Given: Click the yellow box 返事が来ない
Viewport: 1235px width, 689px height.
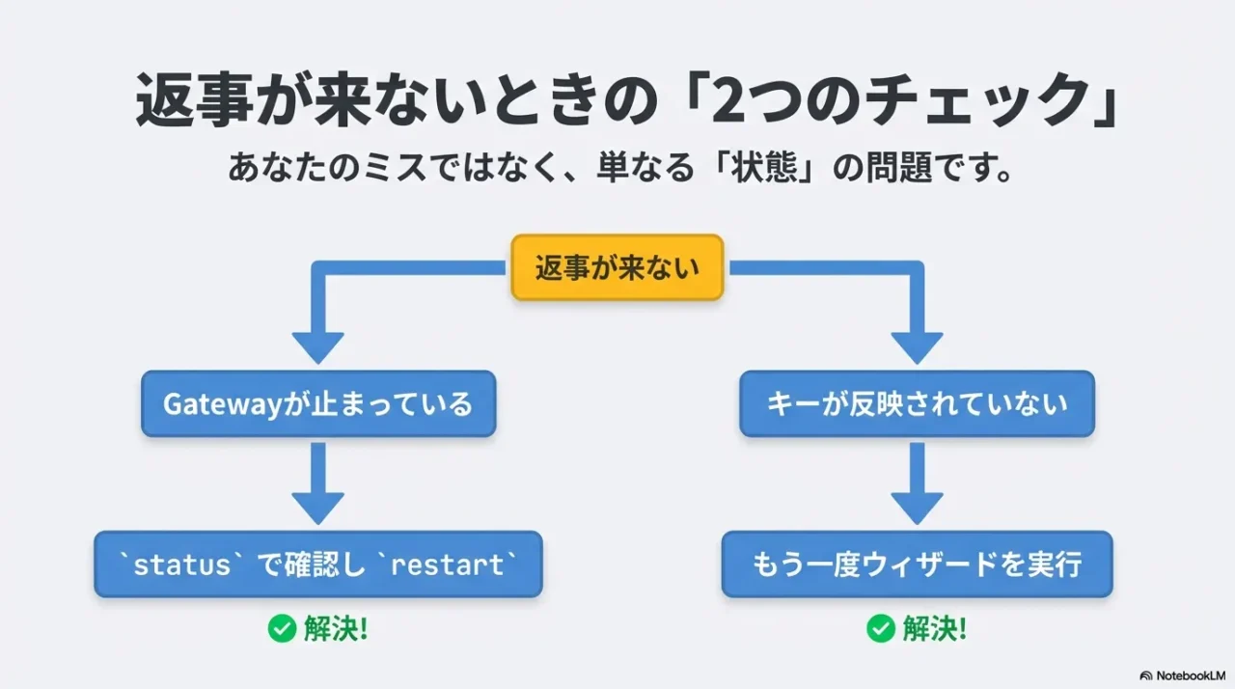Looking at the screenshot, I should (x=617, y=267).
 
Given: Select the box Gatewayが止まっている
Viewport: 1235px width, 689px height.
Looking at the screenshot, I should (x=318, y=403).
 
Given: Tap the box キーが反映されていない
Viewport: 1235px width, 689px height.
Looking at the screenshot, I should (x=917, y=403).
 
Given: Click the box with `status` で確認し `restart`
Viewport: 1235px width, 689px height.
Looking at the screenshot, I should (x=318, y=565).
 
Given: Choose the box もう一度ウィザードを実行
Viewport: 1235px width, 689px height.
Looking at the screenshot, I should (x=917, y=565).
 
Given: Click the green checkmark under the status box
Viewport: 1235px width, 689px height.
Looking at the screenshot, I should (x=282, y=629).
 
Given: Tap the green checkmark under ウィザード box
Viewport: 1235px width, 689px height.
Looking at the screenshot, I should (x=880, y=629).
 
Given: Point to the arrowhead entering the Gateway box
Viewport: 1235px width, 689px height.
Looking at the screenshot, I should (x=318, y=347).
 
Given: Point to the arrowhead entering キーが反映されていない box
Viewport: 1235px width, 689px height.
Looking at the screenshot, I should (x=917, y=347).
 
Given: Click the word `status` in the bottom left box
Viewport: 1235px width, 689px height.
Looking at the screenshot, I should (x=181, y=565).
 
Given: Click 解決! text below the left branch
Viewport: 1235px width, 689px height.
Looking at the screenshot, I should (x=336, y=629).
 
